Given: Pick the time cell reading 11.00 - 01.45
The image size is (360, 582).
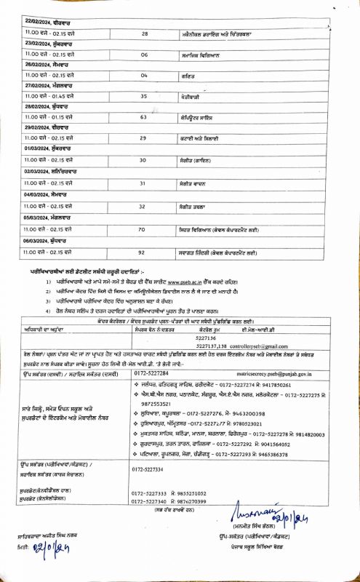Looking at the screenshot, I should click(x=44, y=96).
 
